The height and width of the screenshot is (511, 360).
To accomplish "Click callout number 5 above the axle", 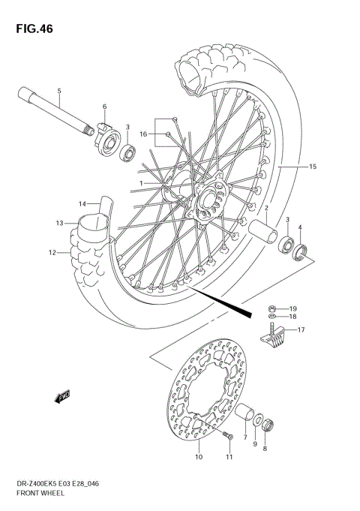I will pos(59,92).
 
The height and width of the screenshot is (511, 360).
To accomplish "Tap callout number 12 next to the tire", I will pos(52,253).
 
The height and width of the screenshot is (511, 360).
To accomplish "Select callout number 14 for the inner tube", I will pos(82,203).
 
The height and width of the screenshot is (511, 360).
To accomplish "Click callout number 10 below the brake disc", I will pos(199,457).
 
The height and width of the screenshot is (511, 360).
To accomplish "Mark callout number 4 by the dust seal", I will pos(301,228).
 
